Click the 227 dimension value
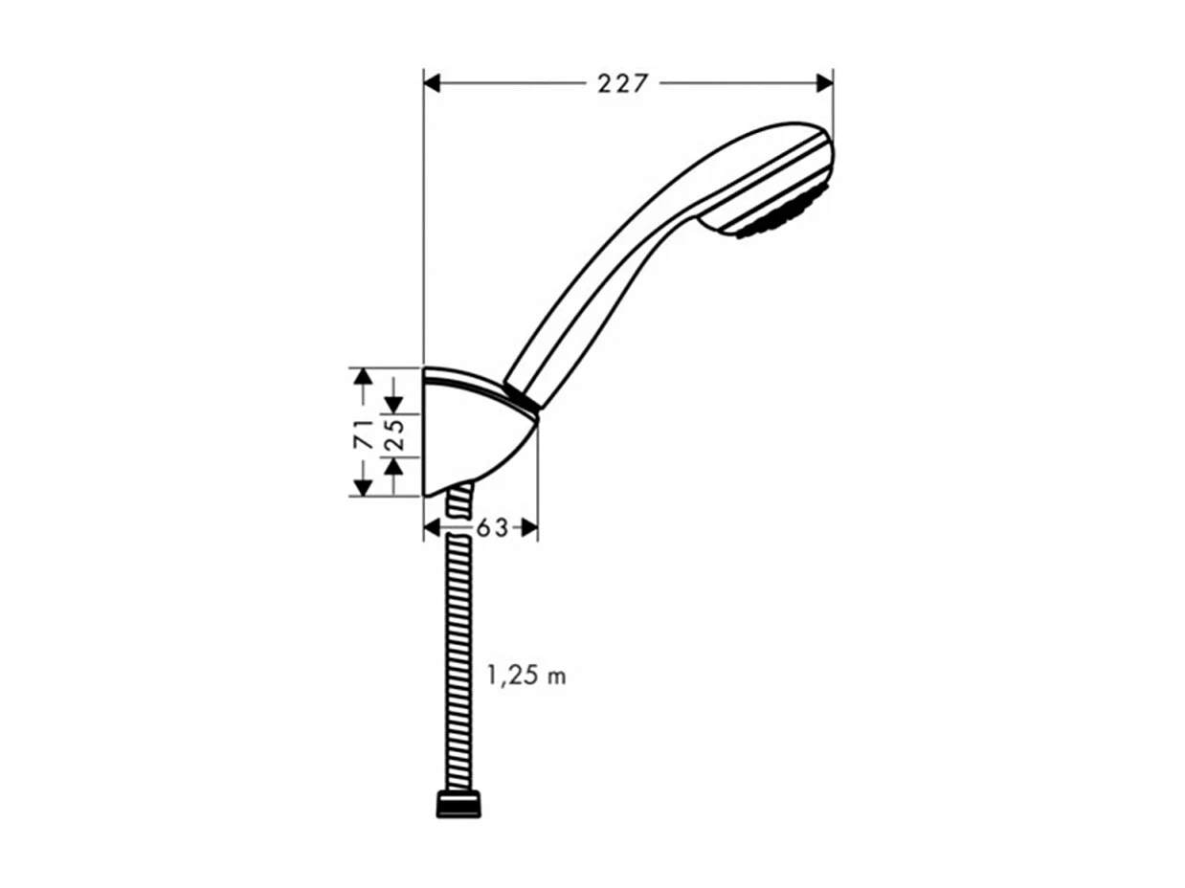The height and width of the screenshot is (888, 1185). (x=623, y=84)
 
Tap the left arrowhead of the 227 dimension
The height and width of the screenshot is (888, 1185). (x=432, y=84)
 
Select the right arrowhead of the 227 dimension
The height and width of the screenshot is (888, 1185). (x=824, y=84)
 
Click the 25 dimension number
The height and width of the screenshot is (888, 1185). (x=393, y=435)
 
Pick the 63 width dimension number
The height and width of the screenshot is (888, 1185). (x=492, y=528)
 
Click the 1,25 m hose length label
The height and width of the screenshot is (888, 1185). (x=526, y=677)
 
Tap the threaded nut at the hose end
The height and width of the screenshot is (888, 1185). (x=458, y=804)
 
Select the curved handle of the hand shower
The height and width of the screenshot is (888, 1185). (x=622, y=258)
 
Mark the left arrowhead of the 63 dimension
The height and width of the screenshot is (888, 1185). (x=432, y=528)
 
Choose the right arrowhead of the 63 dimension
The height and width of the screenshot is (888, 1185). (x=529, y=528)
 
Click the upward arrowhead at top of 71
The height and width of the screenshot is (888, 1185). (x=362, y=376)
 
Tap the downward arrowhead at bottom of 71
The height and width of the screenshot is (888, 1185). (x=362, y=487)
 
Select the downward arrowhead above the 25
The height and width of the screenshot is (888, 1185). (x=393, y=405)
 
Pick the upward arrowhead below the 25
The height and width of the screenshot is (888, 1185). (x=393, y=467)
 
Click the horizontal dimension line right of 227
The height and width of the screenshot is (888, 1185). (x=737, y=84)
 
